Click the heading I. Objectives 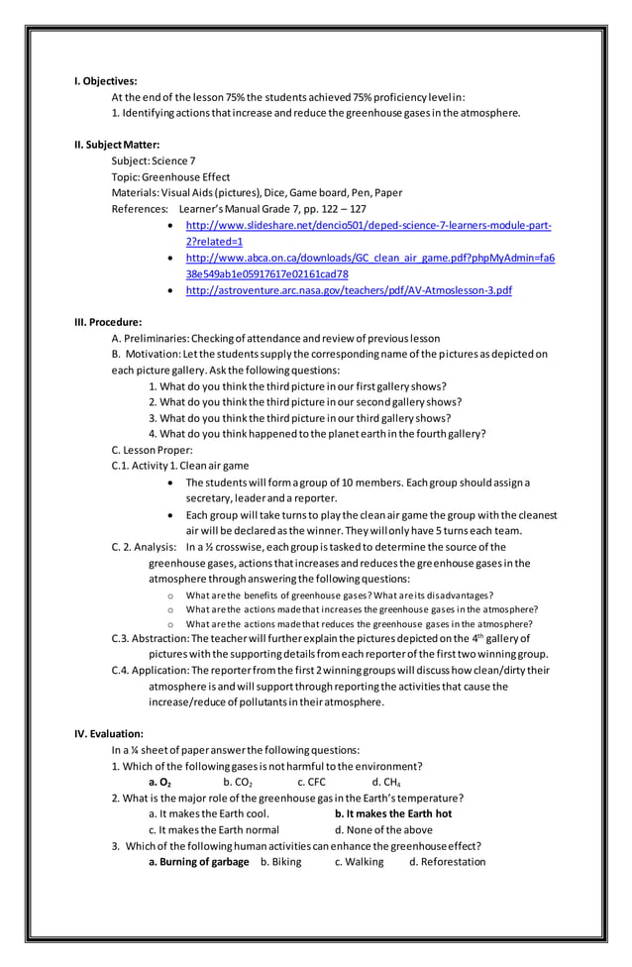106,81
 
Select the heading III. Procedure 108,322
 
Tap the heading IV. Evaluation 109,734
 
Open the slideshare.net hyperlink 369,226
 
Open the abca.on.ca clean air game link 369,258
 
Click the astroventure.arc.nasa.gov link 349,290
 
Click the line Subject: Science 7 154,161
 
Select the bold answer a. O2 159,783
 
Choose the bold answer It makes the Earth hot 393,813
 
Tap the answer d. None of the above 383,829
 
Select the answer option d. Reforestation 447,862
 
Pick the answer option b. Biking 280,862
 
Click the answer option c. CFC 311,783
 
